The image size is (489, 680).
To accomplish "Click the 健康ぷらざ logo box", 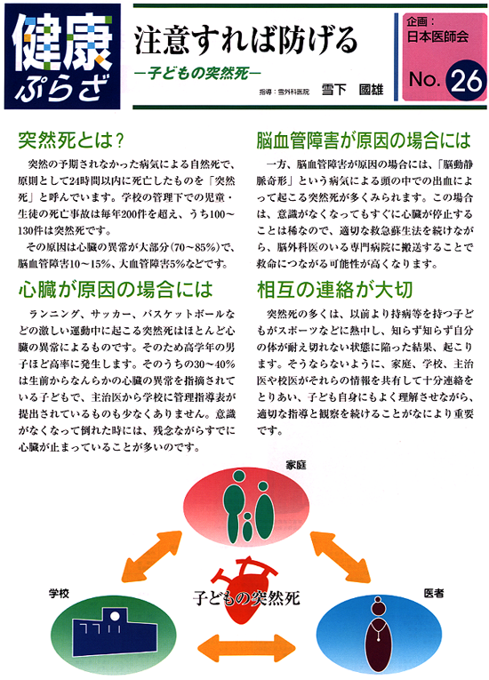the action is pyautogui.click(x=62, y=56).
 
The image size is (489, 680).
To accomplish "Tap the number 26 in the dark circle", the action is pyautogui.click(x=467, y=80).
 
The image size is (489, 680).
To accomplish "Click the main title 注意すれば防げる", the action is pyautogui.click(x=246, y=40).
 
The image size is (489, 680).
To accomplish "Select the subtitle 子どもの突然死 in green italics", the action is pyautogui.click(x=198, y=73).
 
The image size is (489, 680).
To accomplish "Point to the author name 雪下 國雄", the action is pyautogui.click(x=352, y=90).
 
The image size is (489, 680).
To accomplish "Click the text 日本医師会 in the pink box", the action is pyautogui.click(x=437, y=36).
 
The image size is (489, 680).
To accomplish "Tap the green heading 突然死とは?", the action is pyautogui.click(x=72, y=140).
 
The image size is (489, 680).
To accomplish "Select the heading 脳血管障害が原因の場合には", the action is pyautogui.click(x=364, y=140).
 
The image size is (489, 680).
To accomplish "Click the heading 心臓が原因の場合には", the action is pyautogui.click(x=116, y=290).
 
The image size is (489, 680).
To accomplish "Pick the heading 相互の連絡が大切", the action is pyautogui.click(x=334, y=290).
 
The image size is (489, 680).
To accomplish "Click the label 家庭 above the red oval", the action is pyautogui.click(x=296, y=465).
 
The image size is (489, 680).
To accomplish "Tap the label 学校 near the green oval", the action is pyautogui.click(x=59, y=594).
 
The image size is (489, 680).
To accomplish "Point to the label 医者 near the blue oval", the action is pyautogui.click(x=434, y=593).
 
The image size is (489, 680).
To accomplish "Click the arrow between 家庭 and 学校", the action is pyautogui.click(x=152, y=556).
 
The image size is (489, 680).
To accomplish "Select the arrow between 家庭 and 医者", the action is pyautogui.click(x=341, y=556).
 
